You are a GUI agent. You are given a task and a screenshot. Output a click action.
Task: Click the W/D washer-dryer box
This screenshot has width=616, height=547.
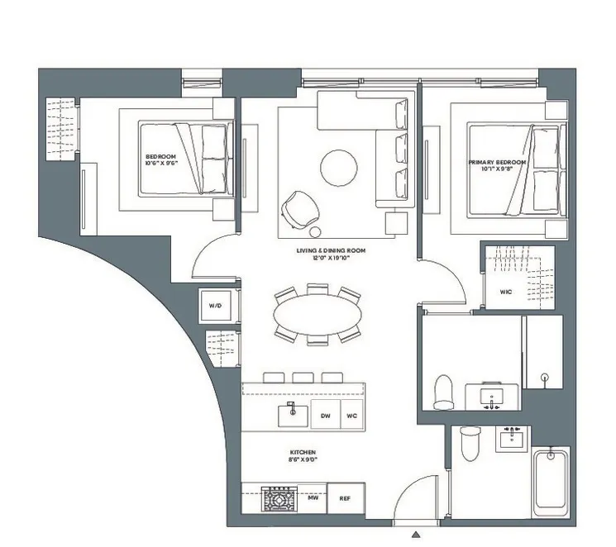[215, 306]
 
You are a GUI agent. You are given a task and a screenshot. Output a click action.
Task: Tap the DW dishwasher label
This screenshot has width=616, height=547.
[326, 416]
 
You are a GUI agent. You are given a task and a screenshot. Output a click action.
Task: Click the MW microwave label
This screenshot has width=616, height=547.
[313, 499]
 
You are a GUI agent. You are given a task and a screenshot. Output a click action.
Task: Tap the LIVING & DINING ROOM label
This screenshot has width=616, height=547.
[331, 250]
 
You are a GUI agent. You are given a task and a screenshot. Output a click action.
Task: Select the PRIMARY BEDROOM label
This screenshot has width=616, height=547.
[497, 163]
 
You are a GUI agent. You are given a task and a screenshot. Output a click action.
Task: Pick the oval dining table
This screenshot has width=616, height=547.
[318, 315]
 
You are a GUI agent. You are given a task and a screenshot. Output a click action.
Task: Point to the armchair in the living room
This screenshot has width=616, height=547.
[298, 207]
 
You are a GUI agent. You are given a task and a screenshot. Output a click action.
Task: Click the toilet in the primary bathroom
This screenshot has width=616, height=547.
[444, 391]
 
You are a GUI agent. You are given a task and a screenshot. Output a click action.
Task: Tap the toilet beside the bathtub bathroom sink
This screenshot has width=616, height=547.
[470, 445]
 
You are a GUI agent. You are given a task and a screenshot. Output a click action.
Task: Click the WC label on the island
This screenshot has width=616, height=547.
[351, 416]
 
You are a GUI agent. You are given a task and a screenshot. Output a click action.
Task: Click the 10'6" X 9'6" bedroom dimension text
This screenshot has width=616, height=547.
[160, 164]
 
